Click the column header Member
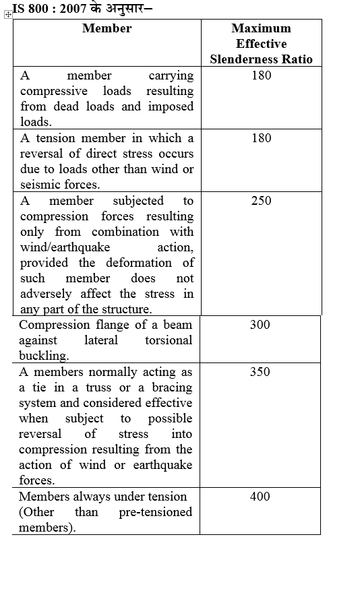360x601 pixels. (107, 28)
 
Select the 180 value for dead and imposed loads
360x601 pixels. (261, 75)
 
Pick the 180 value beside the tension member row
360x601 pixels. (261, 138)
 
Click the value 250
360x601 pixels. (261, 201)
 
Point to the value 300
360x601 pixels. (260, 325)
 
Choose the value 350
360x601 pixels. (260, 372)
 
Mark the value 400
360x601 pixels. (260, 497)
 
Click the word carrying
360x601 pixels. (171, 75)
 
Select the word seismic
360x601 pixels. (40, 185)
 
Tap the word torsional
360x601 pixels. (168, 340)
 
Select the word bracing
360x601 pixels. (169, 387)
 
